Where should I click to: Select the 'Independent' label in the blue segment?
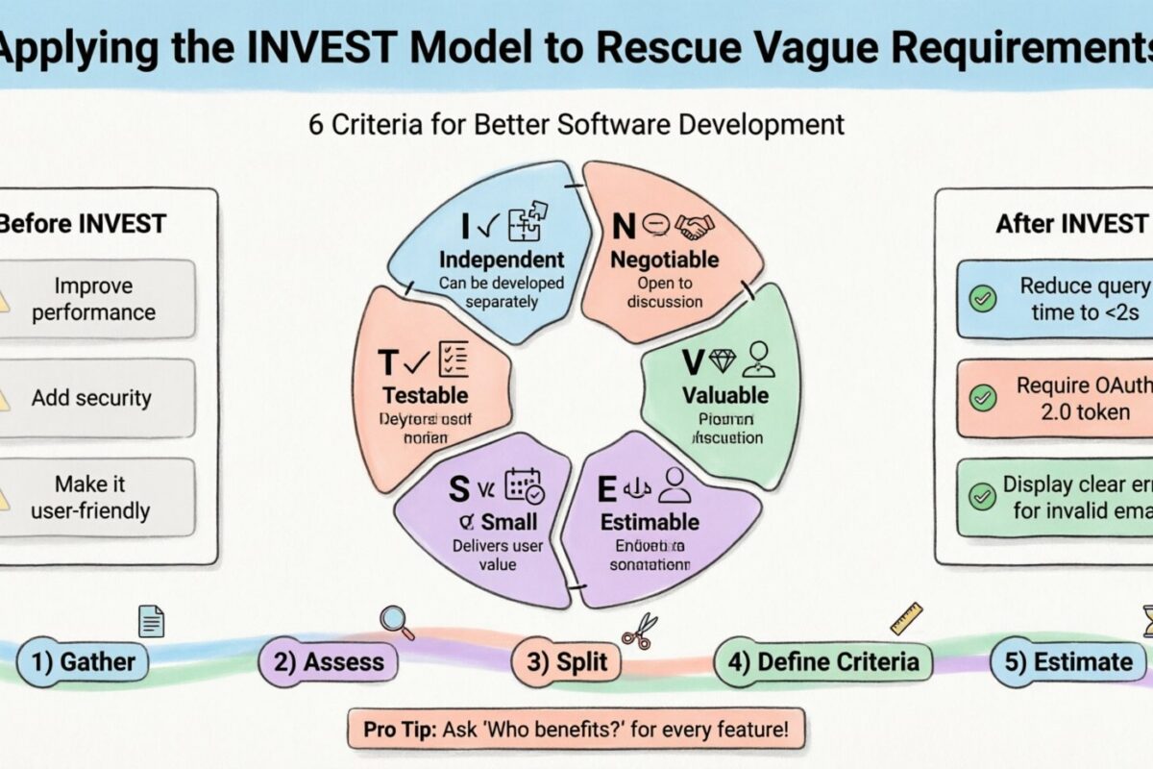tap(502, 260)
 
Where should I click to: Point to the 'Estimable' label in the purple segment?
tap(650, 522)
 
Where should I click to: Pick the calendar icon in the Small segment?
tap(525, 485)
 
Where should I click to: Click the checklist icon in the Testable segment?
tap(452, 359)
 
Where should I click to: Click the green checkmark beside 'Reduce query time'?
tap(982, 299)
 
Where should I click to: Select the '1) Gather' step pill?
tap(84, 661)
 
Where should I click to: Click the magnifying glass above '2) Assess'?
tap(396, 622)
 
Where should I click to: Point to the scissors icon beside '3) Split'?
tap(638, 629)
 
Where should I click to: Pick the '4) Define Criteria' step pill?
tap(822, 661)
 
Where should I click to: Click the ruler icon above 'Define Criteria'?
tap(906, 618)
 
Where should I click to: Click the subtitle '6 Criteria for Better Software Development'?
tap(576, 124)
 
